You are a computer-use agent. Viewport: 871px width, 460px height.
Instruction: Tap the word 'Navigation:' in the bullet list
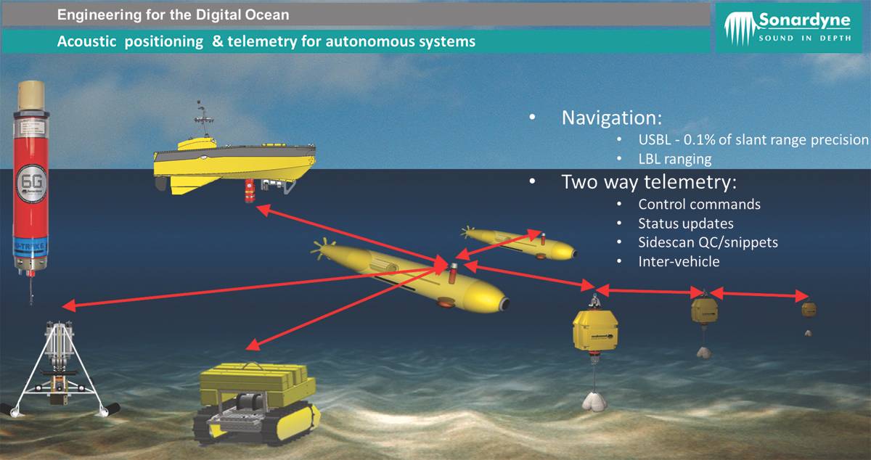612,118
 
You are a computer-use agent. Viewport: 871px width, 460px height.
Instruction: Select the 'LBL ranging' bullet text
674,158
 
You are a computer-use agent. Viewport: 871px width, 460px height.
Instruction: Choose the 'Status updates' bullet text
685,223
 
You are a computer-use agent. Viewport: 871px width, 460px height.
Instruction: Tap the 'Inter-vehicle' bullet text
679,261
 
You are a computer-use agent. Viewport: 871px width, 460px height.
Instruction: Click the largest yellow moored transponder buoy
594,330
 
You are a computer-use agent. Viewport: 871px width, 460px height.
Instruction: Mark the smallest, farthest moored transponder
809,310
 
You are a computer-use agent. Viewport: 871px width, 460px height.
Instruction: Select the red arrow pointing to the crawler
348,305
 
